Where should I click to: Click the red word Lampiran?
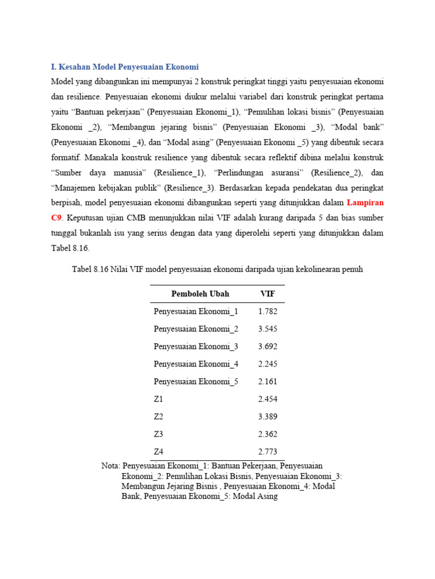tap(365, 202)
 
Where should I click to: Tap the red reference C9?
tap(57, 218)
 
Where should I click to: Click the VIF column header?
tap(267, 294)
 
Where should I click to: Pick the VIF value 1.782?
tap(267, 312)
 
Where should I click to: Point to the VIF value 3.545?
tap(267, 329)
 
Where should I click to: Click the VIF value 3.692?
tap(267, 347)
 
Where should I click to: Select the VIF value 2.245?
tap(267, 364)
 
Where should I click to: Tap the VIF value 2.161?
tap(267, 382)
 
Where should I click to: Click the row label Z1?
tap(159, 399)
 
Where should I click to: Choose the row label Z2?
tap(159, 417)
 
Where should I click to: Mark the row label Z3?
tap(159, 434)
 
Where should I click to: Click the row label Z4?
tap(159, 452)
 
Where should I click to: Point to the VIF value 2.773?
tap(267, 452)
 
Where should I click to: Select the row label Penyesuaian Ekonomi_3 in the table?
tap(196, 347)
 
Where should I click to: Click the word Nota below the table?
tap(110, 466)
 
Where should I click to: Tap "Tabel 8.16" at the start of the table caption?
tap(90, 270)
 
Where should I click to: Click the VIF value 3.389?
tap(267, 417)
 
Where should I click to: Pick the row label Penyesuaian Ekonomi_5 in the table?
tap(196, 382)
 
